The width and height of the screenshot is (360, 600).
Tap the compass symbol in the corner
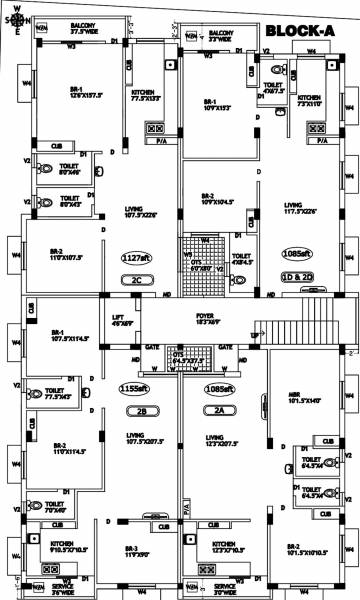point(17,17)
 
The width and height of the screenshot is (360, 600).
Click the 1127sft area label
point(136,255)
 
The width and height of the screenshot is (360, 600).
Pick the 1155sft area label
point(134,388)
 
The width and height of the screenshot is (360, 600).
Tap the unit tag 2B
point(136,411)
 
